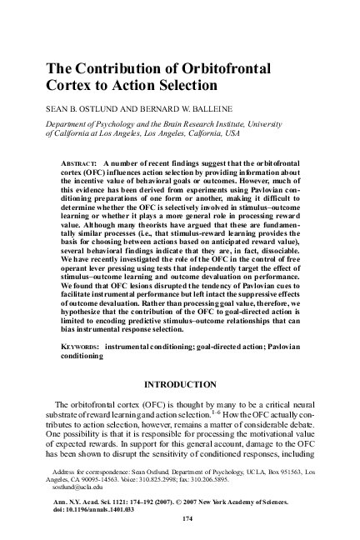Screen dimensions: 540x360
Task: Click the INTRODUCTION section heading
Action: (x=180, y=386)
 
